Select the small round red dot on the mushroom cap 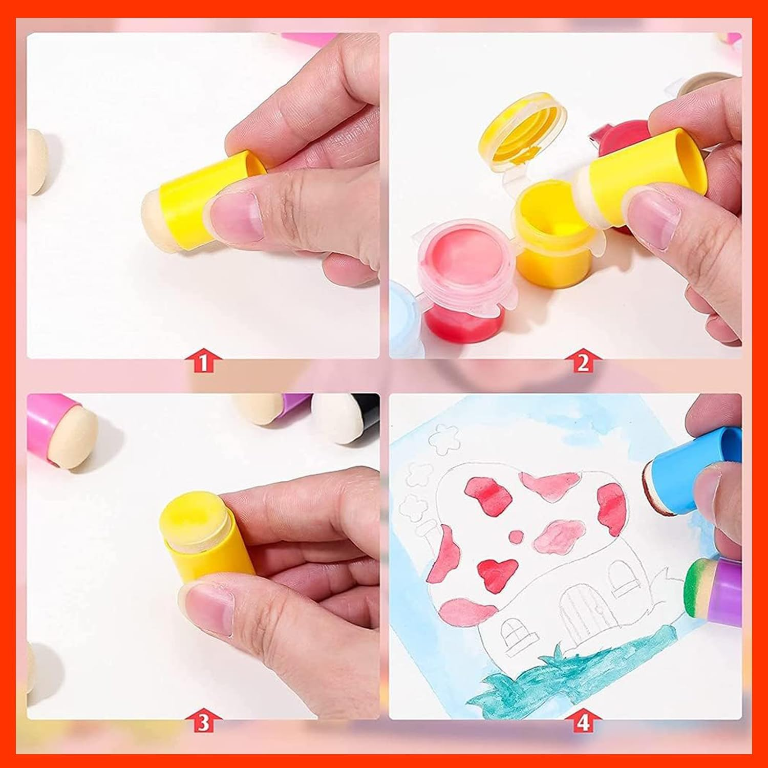tap(516, 536)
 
